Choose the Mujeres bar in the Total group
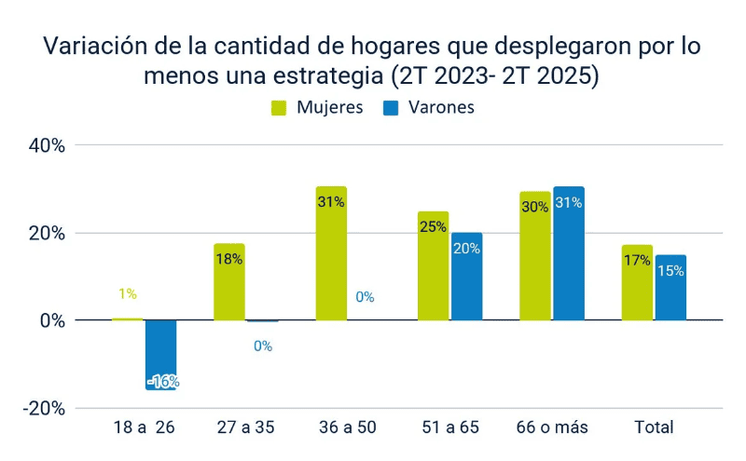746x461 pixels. (637, 283)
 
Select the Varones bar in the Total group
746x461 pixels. (670, 288)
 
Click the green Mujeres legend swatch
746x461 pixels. (279, 107)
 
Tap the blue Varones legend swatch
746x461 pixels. (391, 107)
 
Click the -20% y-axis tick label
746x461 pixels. (43, 408)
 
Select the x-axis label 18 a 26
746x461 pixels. (144, 427)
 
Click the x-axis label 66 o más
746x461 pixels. (552, 427)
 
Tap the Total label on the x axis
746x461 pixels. (654, 427)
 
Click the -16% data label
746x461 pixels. (162, 381)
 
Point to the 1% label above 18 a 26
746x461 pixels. (128, 293)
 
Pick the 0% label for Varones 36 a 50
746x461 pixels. (365, 297)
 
